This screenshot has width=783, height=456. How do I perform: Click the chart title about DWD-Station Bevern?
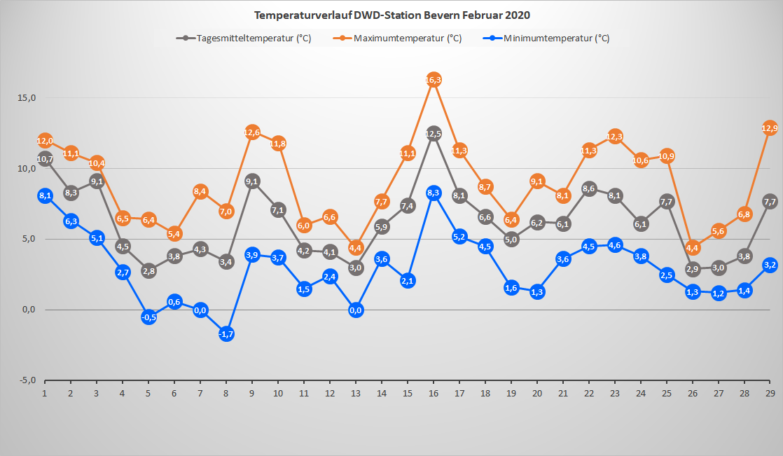click(x=391, y=15)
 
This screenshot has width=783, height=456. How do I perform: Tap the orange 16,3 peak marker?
click(x=434, y=80)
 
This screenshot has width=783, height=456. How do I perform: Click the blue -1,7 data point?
click(x=226, y=334)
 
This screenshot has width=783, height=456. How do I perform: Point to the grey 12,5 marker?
click(x=434, y=134)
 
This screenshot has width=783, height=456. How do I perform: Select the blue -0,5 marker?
click(x=148, y=317)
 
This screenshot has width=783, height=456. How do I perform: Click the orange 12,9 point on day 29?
click(x=770, y=128)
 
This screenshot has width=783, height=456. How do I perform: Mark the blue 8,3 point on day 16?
click(x=434, y=193)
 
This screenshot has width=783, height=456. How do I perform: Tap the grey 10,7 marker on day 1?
click(x=46, y=159)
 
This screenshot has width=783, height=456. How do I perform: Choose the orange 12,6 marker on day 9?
click(x=252, y=132)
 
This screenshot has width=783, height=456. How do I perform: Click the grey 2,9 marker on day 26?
click(x=693, y=269)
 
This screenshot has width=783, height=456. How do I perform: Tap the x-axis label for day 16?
click(x=434, y=393)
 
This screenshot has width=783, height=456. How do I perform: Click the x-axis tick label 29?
click(x=770, y=393)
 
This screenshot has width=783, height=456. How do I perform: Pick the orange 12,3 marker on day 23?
click(x=615, y=137)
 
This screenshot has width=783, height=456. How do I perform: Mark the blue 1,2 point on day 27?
click(x=719, y=293)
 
